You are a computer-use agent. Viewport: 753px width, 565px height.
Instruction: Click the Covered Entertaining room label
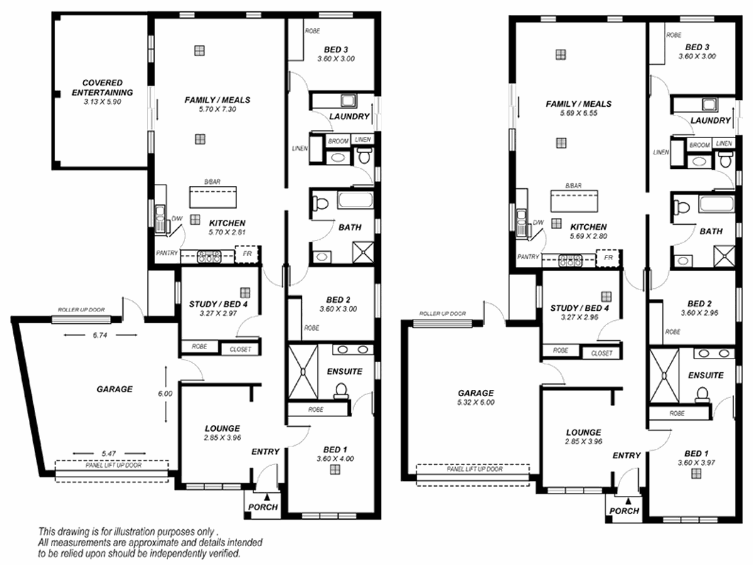(x=102, y=87)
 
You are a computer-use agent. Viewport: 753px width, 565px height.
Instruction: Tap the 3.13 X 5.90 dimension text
(x=102, y=102)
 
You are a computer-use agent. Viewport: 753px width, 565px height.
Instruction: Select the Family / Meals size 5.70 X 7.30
(x=218, y=109)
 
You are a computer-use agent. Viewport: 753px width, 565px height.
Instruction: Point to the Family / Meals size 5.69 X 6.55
(x=579, y=113)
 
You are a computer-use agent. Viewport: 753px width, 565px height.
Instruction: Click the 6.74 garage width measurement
(x=100, y=335)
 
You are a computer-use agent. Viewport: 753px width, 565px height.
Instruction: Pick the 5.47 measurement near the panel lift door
(x=109, y=453)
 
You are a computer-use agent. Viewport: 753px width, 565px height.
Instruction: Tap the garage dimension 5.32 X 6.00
(x=476, y=402)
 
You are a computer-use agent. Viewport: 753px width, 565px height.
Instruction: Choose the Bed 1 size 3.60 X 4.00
(x=335, y=459)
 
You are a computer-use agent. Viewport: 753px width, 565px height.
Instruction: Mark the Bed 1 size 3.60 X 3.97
(x=697, y=463)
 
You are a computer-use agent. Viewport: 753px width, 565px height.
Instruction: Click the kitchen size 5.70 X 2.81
(x=227, y=232)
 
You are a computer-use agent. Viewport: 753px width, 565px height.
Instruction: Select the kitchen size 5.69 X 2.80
(x=589, y=237)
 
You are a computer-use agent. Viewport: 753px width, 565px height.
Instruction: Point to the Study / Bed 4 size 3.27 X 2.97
(x=218, y=313)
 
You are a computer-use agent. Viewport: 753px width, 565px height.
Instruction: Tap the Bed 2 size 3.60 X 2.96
(x=700, y=313)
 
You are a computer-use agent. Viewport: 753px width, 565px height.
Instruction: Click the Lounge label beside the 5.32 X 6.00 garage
(x=584, y=433)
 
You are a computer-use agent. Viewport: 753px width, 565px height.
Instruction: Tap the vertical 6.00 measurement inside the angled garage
(x=165, y=394)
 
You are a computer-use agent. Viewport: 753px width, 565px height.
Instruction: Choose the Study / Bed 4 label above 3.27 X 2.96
(x=579, y=308)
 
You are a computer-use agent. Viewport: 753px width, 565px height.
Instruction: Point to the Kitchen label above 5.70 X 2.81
(x=227, y=223)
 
